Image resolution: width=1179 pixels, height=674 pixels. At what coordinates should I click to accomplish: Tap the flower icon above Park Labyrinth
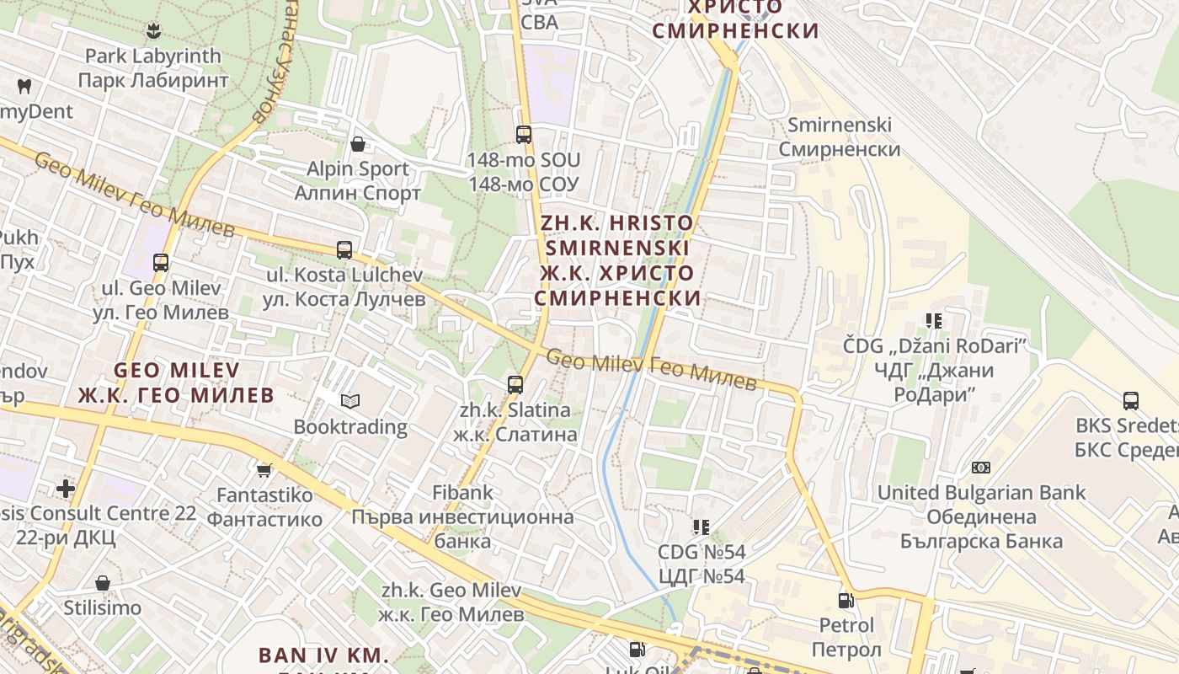point(152,32)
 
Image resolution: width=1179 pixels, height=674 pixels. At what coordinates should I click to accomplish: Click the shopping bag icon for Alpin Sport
point(358,144)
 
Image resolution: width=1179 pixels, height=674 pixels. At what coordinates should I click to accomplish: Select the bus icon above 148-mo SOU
point(524,134)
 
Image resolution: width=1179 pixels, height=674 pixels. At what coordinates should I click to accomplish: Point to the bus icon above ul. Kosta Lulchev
point(344,249)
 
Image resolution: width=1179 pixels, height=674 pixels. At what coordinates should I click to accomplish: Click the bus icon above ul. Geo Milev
point(161,262)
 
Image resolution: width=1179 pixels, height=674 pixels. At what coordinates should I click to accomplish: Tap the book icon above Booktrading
point(349,401)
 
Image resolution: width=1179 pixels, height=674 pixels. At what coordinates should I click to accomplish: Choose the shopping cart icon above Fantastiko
point(264,470)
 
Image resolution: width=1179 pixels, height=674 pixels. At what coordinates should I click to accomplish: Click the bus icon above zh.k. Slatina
point(515,385)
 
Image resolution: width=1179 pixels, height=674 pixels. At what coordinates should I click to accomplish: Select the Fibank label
point(462,492)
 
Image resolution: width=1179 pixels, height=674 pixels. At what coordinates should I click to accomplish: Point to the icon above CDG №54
point(701,527)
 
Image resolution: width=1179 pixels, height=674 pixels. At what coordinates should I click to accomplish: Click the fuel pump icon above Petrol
point(846,601)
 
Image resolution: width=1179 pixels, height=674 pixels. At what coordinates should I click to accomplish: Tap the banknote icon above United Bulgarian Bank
point(980,468)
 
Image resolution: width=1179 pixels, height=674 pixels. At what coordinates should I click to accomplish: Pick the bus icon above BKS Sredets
point(1130,401)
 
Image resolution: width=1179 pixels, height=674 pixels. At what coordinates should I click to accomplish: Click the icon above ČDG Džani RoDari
point(934,321)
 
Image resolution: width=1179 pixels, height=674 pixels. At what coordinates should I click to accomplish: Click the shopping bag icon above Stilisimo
point(103,583)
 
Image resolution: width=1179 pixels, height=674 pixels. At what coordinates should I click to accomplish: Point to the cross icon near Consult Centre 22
point(66,488)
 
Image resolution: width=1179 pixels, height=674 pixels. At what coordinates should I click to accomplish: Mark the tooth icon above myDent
point(24,86)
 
